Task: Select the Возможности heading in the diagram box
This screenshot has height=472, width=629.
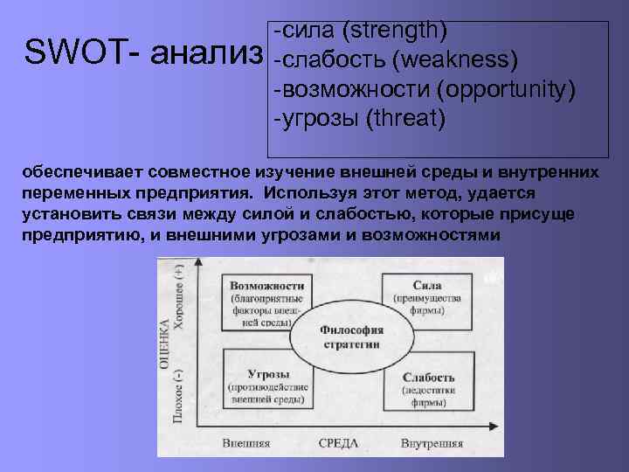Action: (x=266, y=285)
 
